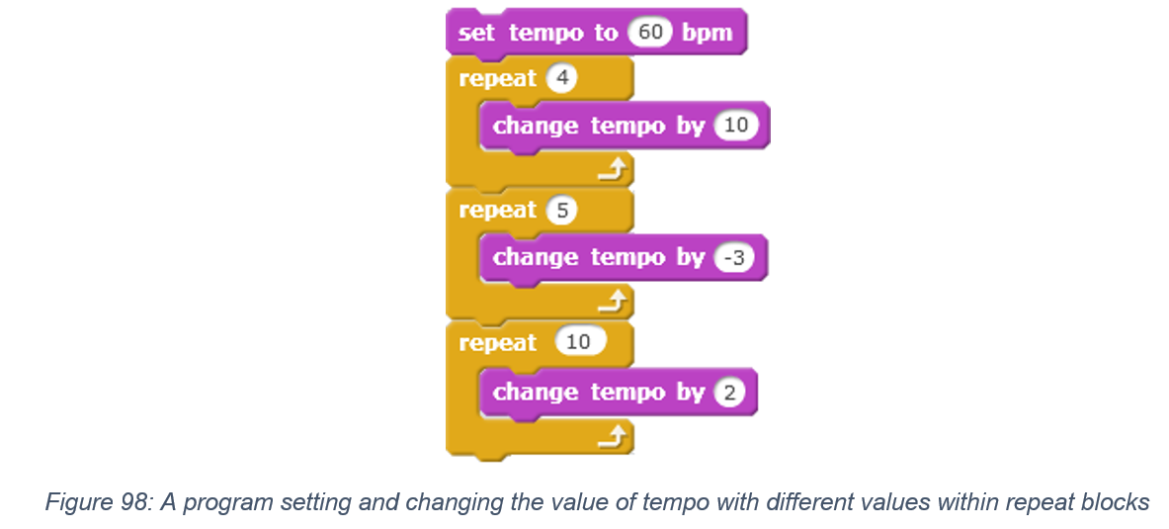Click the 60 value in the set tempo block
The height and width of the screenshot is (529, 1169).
point(650,32)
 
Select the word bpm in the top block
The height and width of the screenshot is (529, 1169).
point(707,34)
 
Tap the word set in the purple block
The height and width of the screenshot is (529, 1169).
point(476,33)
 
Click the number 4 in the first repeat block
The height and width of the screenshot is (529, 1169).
point(561,78)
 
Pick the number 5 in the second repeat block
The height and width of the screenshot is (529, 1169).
point(561,210)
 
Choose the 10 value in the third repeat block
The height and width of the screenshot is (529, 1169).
point(580,342)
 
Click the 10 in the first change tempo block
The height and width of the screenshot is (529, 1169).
point(736,126)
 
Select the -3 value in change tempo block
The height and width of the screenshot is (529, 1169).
point(733,257)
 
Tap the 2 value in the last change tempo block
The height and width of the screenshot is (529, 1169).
point(729,393)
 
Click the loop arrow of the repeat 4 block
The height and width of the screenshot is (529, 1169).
point(615,172)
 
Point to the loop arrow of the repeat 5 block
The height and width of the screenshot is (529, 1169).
point(615,304)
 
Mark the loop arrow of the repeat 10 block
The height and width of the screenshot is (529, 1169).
point(615,439)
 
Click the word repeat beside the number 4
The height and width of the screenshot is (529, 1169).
point(497,79)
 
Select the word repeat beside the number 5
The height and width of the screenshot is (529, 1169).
point(497,211)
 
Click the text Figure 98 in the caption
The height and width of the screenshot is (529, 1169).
point(95,501)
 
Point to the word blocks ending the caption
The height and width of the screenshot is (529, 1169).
point(1112,501)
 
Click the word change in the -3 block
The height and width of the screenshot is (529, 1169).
point(536,257)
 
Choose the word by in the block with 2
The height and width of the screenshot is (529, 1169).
point(691,394)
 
